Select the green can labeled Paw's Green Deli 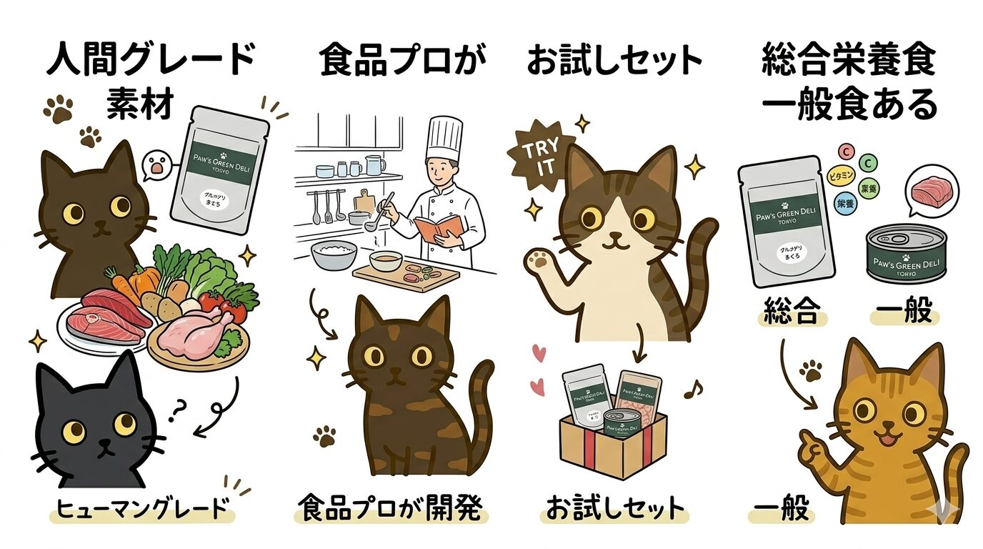[x=905, y=254]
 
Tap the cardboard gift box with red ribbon [x=613, y=443]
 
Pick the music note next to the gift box [x=692, y=389]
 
